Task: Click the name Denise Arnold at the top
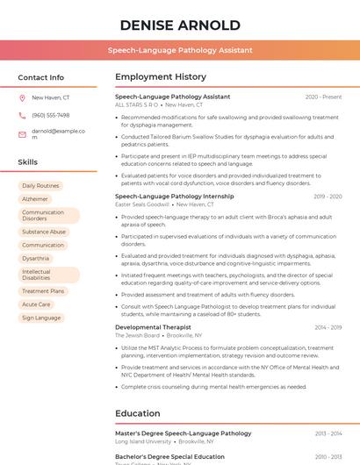180,25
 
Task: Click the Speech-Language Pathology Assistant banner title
180,50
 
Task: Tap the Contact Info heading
41,77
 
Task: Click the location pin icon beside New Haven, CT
22,97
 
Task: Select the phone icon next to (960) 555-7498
22,115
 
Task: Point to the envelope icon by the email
22,134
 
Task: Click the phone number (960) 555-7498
50,115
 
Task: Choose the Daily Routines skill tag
41,186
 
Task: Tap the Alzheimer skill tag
35,199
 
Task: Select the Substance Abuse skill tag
44,232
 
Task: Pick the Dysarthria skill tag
36,259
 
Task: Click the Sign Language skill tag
41,318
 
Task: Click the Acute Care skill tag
36,304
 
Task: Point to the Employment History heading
161,77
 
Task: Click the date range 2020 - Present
323,97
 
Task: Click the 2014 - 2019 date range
328,327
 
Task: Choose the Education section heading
138,413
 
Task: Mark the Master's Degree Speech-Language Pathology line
183,433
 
